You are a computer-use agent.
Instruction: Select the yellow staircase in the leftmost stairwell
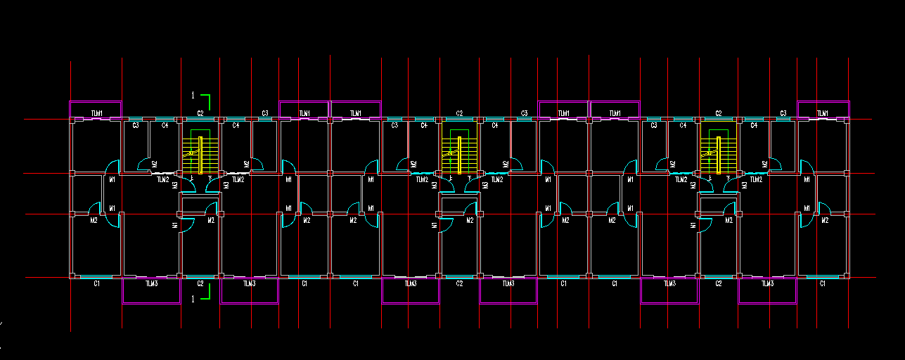[x=200, y=155]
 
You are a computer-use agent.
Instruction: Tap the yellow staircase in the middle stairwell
[x=459, y=155]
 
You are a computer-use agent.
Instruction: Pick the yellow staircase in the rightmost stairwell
[x=719, y=155]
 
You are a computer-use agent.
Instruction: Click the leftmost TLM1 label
[x=97, y=113]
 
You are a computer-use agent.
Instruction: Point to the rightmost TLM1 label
[x=822, y=113]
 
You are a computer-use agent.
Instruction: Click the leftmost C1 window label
[x=97, y=283]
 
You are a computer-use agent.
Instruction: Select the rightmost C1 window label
[x=822, y=283]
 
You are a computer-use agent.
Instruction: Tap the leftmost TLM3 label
[x=151, y=283]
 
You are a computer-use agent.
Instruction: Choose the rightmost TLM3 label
[x=767, y=283]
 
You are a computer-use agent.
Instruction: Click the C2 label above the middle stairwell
[x=459, y=113]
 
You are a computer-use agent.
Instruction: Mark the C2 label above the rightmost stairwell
[x=719, y=113]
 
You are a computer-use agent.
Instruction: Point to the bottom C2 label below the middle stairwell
[x=459, y=283]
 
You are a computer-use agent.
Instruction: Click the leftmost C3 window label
[x=136, y=125]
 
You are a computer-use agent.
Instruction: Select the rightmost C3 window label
[x=783, y=113]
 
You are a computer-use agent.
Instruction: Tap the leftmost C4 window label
[x=165, y=125]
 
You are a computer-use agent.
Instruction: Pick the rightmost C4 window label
[x=754, y=125]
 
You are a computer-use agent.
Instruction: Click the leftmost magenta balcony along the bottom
[x=151, y=303]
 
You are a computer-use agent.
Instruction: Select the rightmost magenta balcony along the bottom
[x=767, y=303]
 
